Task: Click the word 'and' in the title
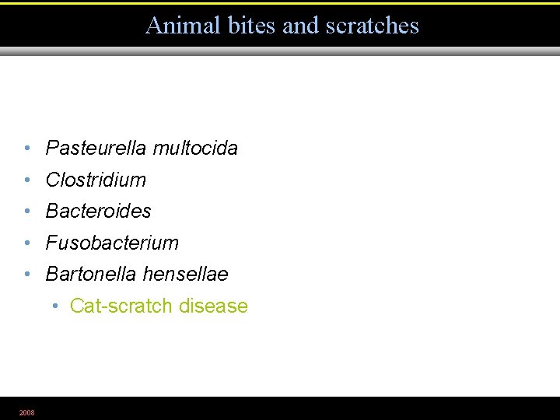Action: pyautogui.click(x=300, y=26)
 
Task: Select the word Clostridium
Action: pyautogui.click(x=96, y=180)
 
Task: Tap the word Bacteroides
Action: pyautogui.click(x=99, y=211)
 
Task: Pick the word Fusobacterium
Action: pyautogui.click(x=112, y=243)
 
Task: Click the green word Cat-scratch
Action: pyautogui.click(x=121, y=306)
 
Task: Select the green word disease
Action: pyautogui.click(x=213, y=306)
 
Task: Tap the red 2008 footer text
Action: pyautogui.click(x=26, y=412)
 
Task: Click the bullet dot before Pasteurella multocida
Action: pyautogui.click(x=26, y=149)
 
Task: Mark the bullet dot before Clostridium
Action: pyautogui.click(x=26, y=180)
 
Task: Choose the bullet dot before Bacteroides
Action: pyautogui.click(x=26, y=212)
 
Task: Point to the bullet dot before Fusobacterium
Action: pyautogui.click(x=26, y=243)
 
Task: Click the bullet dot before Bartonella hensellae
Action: pyautogui.click(x=26, y=275)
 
